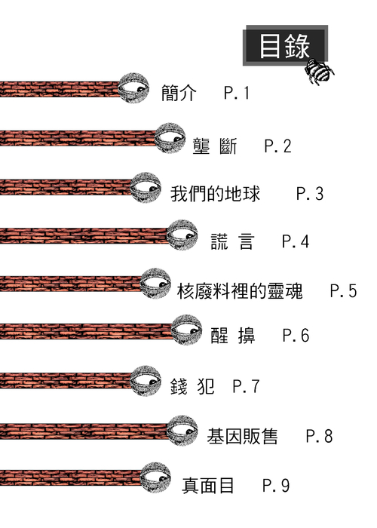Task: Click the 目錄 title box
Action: pos(286,45)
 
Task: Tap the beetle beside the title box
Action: pos(319,72)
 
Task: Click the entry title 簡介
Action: pos(179,93)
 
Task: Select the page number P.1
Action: pos(237,93)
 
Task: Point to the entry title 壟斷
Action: pos(215,146)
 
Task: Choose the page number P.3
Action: pos(310,194)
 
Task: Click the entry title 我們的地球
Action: pos(215,194)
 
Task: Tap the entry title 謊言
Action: pos(232,241)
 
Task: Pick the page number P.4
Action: pos(296,241)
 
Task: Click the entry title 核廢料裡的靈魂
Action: pos(240,291)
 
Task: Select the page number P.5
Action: pos(343,291)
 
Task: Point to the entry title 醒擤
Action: pos(232,336)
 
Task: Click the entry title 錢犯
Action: pos(192,386)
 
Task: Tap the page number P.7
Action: pos(246,386)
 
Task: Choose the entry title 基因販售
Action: pos(242,436)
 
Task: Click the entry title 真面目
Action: pos(207,486)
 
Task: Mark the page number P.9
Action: pos(276,486)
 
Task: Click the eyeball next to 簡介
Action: pos(133,88)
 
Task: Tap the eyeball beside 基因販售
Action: pos(182,431)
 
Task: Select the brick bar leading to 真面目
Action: pos(71,477)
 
